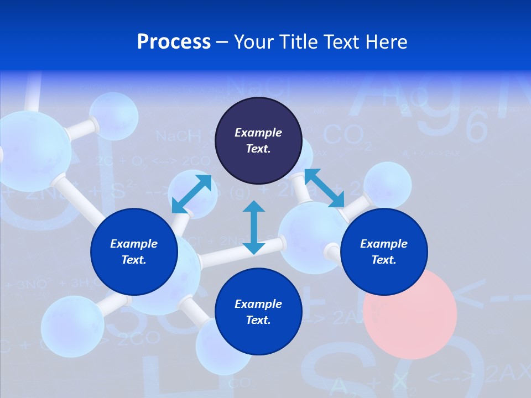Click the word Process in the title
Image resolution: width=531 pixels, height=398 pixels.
[x=174, y=42]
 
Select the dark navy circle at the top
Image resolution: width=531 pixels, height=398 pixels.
[x=258, y=140]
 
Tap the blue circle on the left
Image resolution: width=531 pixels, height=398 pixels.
[x=134, y=252]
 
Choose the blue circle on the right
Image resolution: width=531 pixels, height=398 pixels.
[x=384, y=252]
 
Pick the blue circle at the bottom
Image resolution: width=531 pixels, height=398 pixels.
[x=258, y=312]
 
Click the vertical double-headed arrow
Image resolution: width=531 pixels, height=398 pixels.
[x=254, y=227]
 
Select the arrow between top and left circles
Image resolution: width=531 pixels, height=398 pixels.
[x=191, y=193]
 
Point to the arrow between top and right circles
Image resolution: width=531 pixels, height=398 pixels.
[x=324, y=188]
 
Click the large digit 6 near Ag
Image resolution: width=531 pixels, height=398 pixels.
[x=476, y=128]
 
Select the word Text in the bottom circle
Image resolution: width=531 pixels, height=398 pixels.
[x=258, y=320]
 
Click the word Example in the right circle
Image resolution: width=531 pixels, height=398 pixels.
[x=384, y=244]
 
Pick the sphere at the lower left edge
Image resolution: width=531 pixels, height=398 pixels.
[x=72, y=326]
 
